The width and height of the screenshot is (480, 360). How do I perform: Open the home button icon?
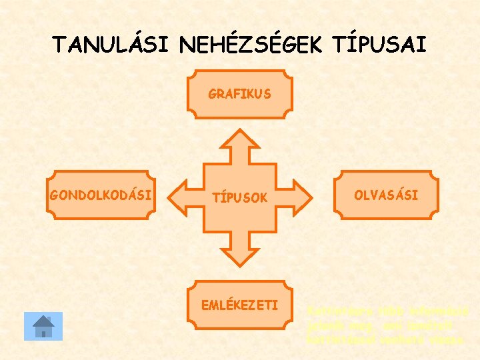click(43, 326)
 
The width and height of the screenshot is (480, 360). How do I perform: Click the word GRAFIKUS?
click(239, 94)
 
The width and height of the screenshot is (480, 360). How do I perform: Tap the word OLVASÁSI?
click(387, 195)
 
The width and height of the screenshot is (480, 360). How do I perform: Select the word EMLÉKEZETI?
click(239, 306)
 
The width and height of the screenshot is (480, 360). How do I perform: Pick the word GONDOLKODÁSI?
click(101, 196)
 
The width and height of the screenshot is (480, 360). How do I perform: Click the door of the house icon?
click(43, 331)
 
